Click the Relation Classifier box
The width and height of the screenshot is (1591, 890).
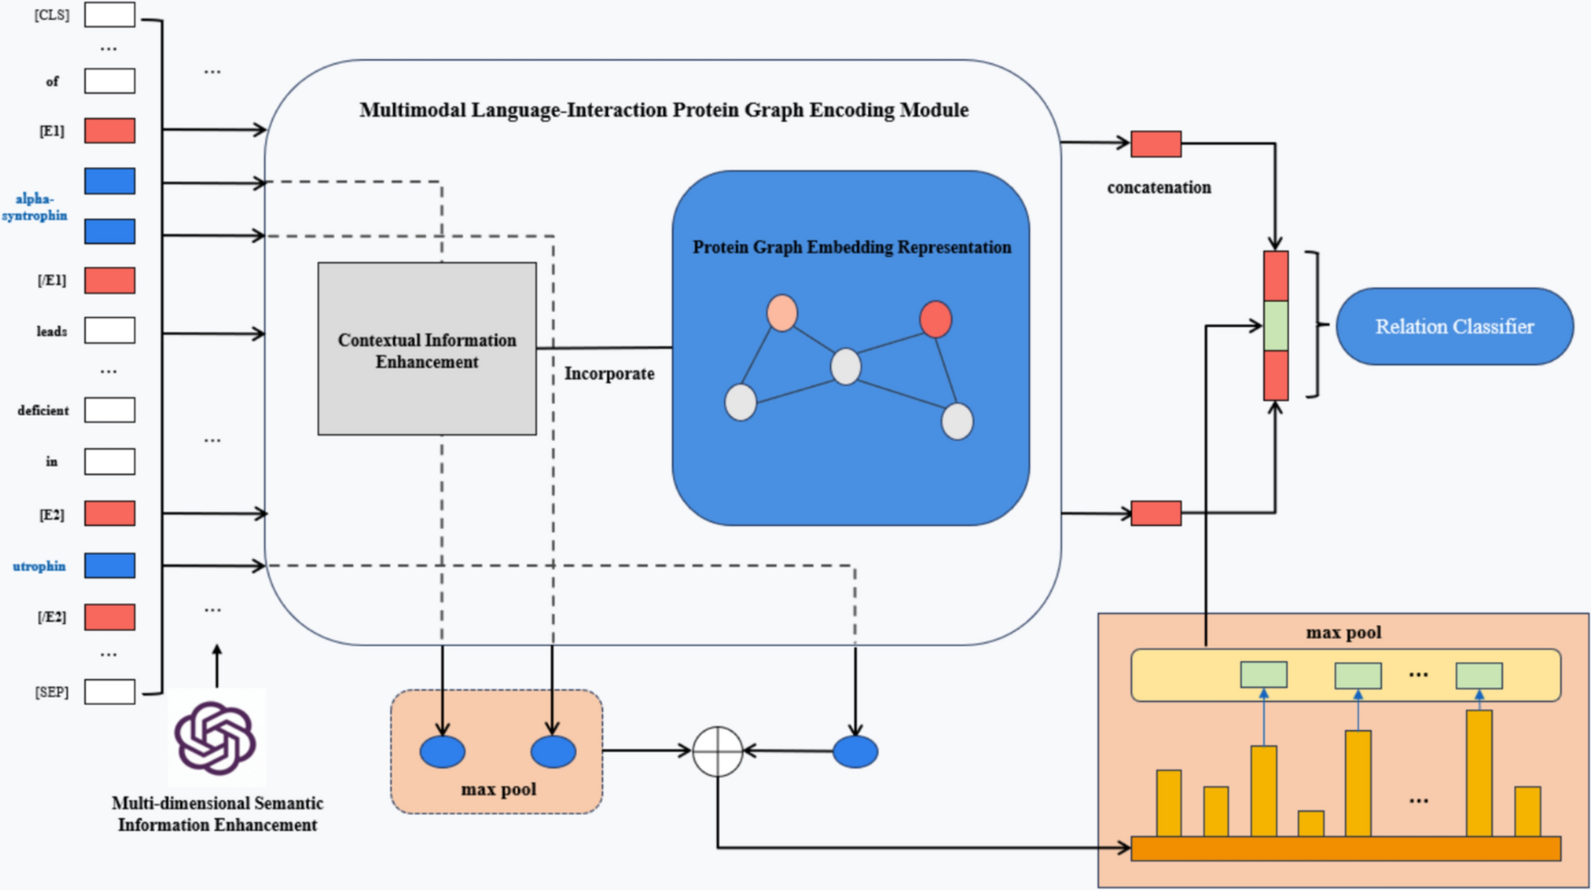point(1454,326)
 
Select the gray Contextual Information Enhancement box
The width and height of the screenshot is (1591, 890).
point(427,349)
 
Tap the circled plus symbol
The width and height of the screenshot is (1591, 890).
point(718,751)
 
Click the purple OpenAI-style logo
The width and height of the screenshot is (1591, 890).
point(216,738)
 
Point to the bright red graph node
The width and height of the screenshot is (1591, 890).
point(935,319)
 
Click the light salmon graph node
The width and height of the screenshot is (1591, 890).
point(782,313)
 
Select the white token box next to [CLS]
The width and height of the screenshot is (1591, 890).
point(110,15)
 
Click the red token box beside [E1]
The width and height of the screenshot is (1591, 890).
point(110,131)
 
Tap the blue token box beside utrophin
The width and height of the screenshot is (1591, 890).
point(110,565)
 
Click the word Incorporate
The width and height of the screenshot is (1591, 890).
point(609,374)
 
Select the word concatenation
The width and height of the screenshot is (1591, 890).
point(1158,187)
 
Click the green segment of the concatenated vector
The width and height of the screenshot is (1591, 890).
point(1275,326)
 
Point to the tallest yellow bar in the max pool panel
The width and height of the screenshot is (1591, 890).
point(1478,772)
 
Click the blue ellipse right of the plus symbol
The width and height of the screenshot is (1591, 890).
point(855,752)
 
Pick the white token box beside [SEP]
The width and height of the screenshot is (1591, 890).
point(110,692)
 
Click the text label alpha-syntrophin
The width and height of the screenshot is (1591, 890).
point(35,207)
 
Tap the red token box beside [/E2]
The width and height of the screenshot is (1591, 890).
point(110,617)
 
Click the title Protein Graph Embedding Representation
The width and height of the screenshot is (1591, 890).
point(852,247)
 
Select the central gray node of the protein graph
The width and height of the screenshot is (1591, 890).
point(846,367)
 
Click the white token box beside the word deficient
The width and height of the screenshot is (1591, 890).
point(110,411)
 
